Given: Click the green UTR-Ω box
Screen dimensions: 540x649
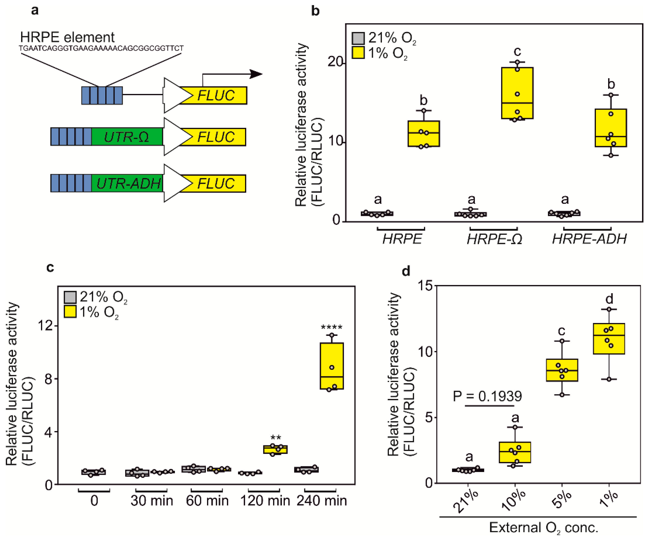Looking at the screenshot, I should coord(127,137).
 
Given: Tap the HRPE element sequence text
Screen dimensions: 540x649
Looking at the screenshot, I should coord(101,48).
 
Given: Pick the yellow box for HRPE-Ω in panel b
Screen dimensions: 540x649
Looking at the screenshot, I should coord(517,93).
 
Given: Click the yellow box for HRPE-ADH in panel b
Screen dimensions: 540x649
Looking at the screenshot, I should coord(611,128).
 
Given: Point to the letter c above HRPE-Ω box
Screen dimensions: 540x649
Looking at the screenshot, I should coord(517,51).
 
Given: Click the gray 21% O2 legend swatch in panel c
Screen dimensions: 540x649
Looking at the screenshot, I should coord(70,297).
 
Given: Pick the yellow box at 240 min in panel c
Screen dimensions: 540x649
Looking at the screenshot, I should coord(332,366).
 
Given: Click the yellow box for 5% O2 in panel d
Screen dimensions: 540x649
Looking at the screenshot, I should coord(562,370).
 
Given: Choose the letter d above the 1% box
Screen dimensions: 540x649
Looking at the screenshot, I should coord(609,299).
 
